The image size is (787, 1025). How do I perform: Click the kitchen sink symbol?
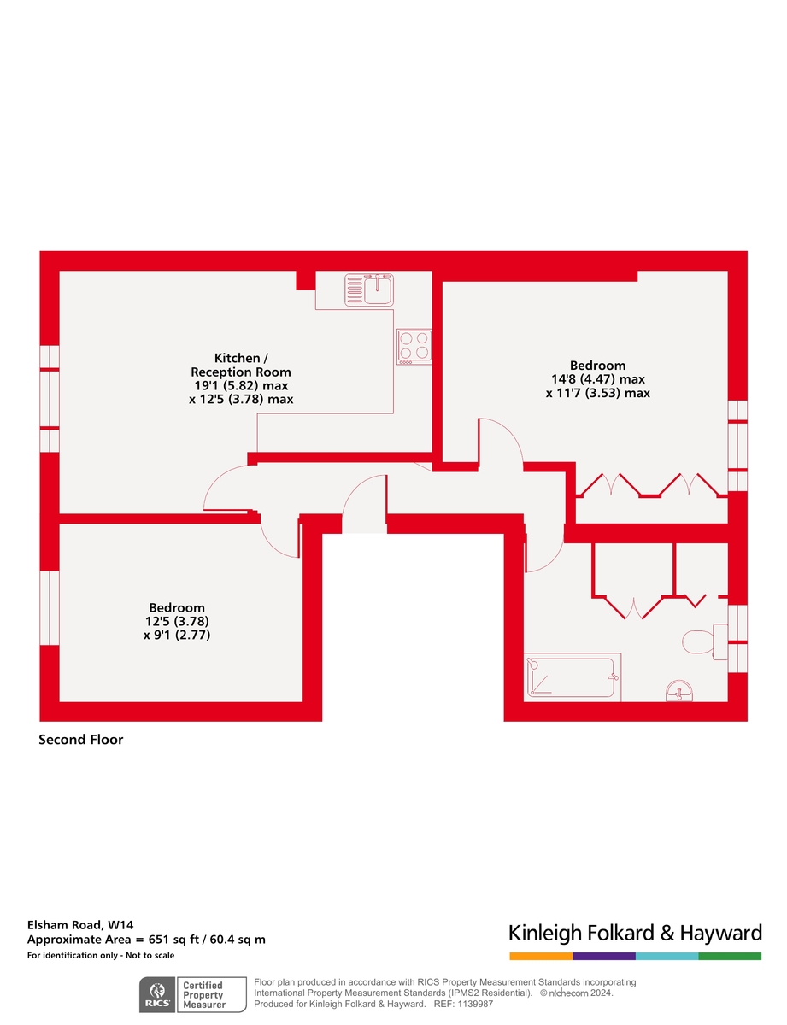pyautogui.click(x=369, y=290)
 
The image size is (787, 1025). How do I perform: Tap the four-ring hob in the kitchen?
pyautogui.click(x=414, y=347)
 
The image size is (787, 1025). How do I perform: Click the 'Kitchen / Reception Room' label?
pyautogui.click(x=240, y=365)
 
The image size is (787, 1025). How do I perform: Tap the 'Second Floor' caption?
pyautogui.click(x=81, y=740)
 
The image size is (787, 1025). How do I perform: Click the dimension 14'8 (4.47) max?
pyautogui.click(x=598, y=379)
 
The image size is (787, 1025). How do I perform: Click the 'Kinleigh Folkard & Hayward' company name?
pyautogui.click(x=635, y=932)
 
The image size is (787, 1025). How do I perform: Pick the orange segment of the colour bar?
pyautogui.click(x=541, y=956)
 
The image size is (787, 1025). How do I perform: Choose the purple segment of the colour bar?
pyautogui.click(x=604, y=956)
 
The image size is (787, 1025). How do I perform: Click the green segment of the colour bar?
pyautogui.click(x=730, y=956)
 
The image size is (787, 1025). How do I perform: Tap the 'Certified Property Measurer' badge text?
pyautogui.click(x=203, y=995)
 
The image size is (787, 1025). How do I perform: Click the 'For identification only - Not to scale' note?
pyautogui.click(x=101, y=955)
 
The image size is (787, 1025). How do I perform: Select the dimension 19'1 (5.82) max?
pyautogui.click(x=240, y=386)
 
